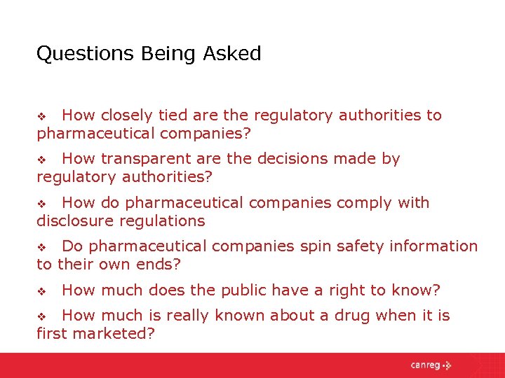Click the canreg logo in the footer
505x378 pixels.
431,365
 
